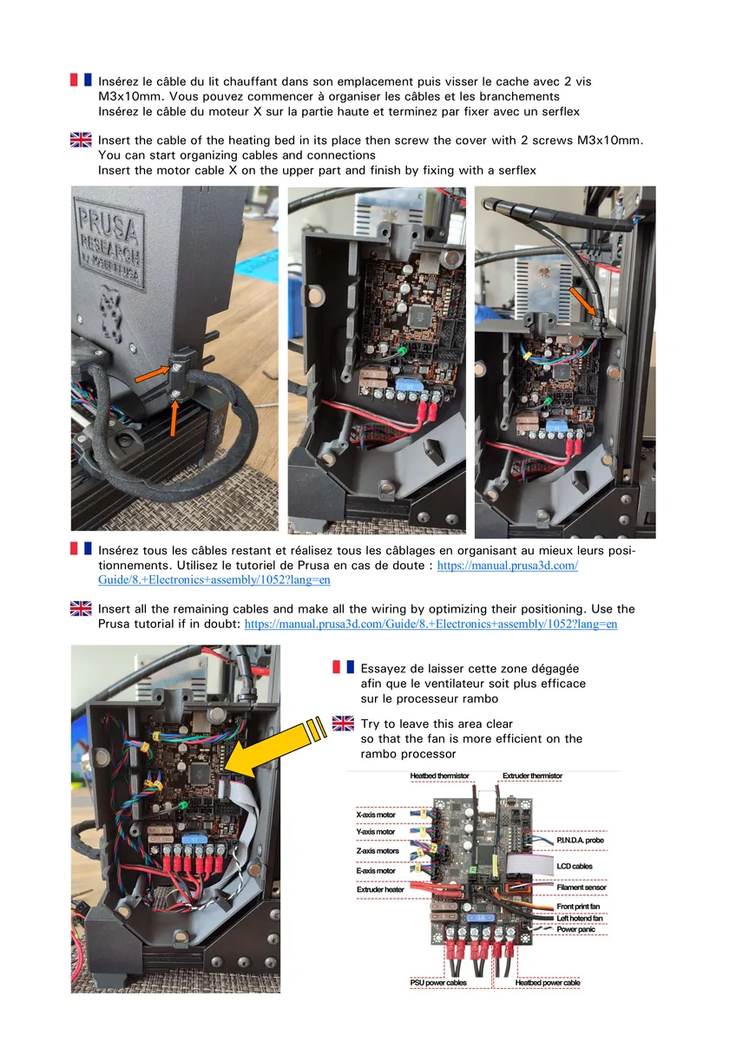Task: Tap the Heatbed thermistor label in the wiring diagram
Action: pos(439,776)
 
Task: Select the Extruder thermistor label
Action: pos(532,776)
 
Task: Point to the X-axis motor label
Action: pos(376,815)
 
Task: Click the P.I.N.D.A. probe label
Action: pos(581,841)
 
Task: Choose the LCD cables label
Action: pos(575,867)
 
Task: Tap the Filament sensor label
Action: pos(582,887)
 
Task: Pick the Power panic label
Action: pos(576,929)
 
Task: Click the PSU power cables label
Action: pos(438,982)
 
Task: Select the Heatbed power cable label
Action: pos(548,982)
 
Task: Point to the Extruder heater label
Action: pos(380,889)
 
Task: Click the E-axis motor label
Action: pos(376,871)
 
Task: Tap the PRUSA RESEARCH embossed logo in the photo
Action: pos(109,243)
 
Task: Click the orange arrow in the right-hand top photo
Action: pos(582,301)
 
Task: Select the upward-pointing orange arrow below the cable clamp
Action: pos(174,418)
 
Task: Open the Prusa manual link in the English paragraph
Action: pos(431,624)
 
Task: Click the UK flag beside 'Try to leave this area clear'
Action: pos(343,723)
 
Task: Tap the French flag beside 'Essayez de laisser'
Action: pos(343,667)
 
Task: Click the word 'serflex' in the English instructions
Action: pos(517,171)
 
